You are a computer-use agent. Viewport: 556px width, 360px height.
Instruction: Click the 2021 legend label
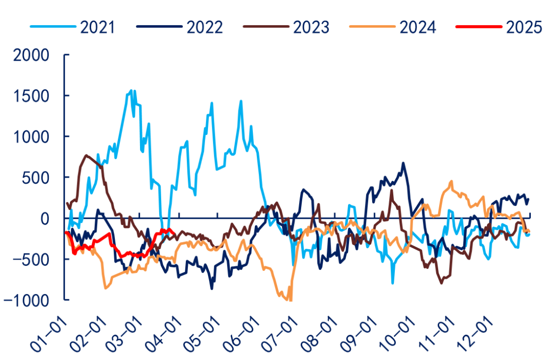pos(98,27)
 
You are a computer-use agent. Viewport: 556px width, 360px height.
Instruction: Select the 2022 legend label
pos(205,27)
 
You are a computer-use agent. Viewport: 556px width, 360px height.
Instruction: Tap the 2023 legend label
pos(311,27)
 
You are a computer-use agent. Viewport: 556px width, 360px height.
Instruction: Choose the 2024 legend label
pos(418,27)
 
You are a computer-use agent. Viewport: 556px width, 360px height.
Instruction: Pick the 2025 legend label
pos(524,27)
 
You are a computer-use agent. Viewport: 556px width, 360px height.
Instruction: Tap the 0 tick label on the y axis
pos(46,218)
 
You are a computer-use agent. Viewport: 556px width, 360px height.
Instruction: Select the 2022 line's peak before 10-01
pos(403,164)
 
